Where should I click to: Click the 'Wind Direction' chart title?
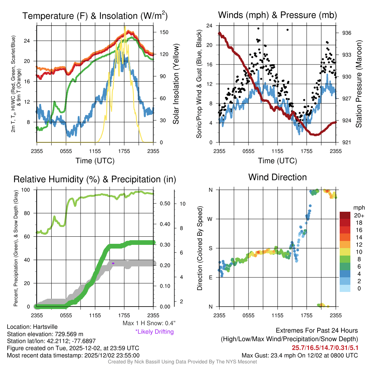tap(277, 177)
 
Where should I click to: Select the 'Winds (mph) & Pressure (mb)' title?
tap(277, 15)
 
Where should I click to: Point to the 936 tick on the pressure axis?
tap(346, 33)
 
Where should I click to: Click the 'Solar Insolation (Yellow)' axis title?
tap(176, 84)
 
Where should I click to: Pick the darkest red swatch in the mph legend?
tap(346, 215)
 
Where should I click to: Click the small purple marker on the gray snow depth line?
tap(113, 263)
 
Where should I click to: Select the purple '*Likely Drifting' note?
tap(154, 331)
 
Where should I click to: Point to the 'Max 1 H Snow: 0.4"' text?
tap(149, 323)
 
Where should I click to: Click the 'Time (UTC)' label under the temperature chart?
tap(95, 161)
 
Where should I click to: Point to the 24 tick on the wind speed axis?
tap(210, 26)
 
